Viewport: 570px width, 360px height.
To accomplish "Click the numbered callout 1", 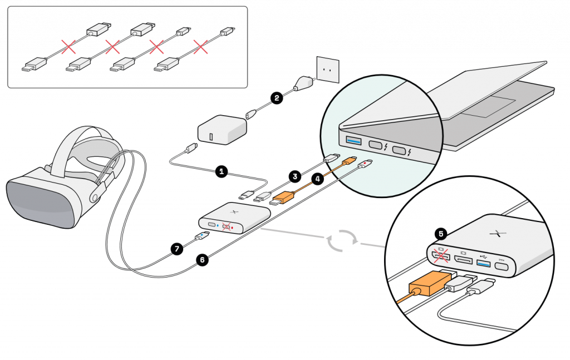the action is [222, 171].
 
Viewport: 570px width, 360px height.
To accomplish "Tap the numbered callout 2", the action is [277, 98].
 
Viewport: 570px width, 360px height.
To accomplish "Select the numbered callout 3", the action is [295, 176].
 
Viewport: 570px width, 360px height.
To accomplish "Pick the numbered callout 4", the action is [318, 179].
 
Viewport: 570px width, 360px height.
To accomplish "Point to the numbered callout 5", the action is [441, 234].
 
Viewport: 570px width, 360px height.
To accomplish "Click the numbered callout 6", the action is [202, 260].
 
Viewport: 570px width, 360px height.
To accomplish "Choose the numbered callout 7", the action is [177, 249].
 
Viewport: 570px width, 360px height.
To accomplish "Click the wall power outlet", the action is [328, 69].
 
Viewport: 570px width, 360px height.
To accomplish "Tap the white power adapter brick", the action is [222, 130].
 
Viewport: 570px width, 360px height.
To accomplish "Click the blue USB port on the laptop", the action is [354, 140].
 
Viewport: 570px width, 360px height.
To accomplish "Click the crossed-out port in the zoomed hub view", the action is [441, 257].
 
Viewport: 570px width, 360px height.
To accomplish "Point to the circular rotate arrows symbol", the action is [342, 240].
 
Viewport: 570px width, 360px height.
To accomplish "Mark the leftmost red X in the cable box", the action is [68, 47].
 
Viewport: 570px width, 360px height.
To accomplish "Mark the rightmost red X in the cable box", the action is [200, 47].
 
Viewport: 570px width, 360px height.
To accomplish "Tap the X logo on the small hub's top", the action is [234, 211].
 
